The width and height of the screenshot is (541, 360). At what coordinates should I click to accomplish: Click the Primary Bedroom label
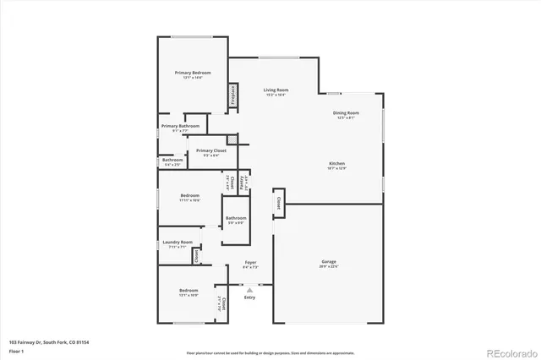click(x=193, y=74)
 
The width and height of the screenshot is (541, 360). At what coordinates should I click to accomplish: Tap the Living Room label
click(x=276, y=90)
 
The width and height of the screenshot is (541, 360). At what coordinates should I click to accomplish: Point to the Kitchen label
click(x=337, y=163)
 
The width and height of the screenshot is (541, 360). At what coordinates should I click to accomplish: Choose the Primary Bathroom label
click(x=180, y=126)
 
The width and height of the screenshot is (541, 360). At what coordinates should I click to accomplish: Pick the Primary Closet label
click(x=210, y=150)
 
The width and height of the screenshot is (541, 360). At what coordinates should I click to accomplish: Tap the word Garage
click(x=329, y=261)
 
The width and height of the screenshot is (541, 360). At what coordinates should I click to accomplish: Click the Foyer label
click(x=251, y=262)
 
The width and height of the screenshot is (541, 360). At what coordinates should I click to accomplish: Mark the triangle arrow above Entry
click(x=249, y=289)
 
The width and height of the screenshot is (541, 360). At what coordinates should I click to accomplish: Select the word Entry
click(x=249, y=297)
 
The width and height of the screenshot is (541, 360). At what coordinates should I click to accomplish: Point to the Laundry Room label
click(x=178, y=242)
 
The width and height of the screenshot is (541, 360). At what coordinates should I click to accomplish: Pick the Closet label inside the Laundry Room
click(x=196, y=255)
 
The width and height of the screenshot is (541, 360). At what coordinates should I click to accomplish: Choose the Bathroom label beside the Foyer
click(x=236, y=218)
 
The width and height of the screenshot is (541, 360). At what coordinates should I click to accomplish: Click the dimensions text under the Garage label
click(x=329, y=267)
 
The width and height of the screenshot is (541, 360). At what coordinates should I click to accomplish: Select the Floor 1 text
click(x=16, y=349)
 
